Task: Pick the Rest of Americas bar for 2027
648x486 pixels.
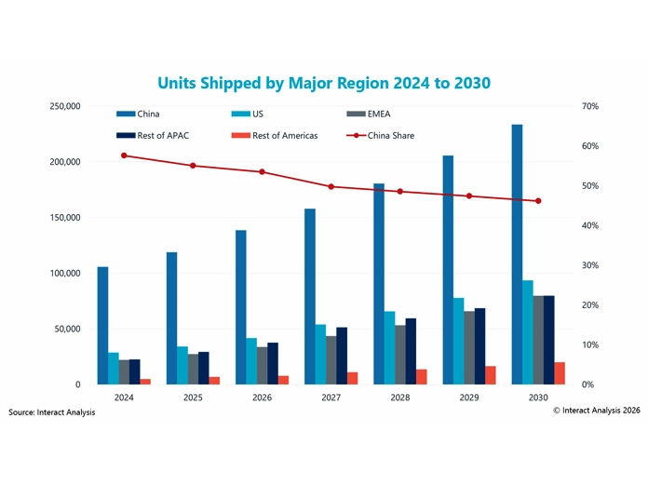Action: (x=353, y=378)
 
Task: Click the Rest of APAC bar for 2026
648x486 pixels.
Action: (x=273, y=363)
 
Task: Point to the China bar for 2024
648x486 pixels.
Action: (x=102, y=325)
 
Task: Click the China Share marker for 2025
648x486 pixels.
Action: (x=193, y=166)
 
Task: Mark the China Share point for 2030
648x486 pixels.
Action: (x=537, y=201)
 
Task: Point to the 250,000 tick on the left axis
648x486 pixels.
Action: (x=65, y=106)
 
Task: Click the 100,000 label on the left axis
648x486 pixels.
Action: (x=65, y=273)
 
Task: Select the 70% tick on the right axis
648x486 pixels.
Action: (x=589, y=106)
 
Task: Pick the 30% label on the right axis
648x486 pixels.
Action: (x=589, y=265)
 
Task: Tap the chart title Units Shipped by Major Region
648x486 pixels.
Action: (x=324, y=83)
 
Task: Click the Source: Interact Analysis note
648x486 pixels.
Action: (x=52, y=412)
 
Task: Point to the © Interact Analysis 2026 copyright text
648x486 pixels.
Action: (x=596, y=409)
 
